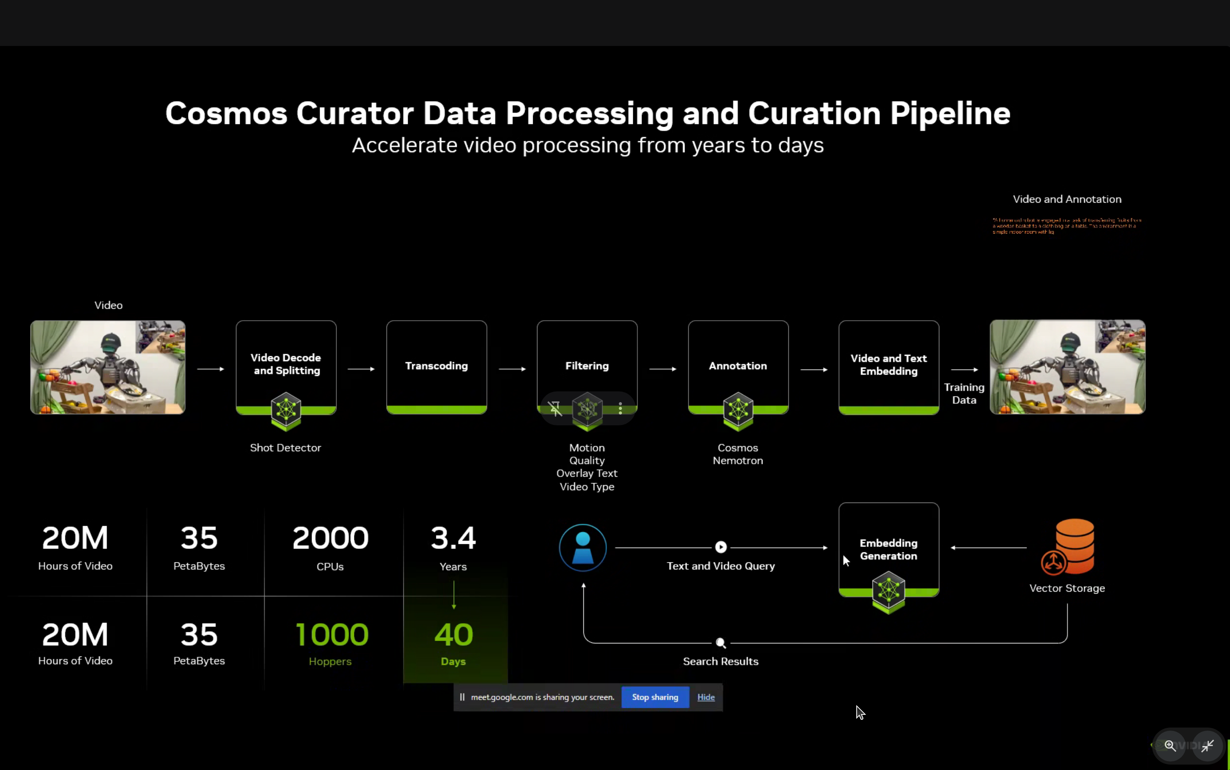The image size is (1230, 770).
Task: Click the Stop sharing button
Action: (x=655, y=697)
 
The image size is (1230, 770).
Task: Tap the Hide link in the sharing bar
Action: (x=706, y=697)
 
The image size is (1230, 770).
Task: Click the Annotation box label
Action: (x=738, y=366)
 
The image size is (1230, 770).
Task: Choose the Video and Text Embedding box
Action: (x=889, y=365)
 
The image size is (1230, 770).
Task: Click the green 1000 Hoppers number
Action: (x=332, y=635)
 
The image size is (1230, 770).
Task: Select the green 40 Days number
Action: (x=453, y=635)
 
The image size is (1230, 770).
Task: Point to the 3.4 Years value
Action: (x=453, y=538)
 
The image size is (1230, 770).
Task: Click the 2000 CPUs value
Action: (x=330, y=538)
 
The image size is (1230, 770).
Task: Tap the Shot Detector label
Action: (x=285, y=448)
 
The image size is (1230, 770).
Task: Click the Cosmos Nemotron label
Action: (x=738, y=454)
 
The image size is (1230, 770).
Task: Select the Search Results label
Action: (x=721, y=661)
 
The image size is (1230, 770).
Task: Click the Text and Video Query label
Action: (x=721, y=566)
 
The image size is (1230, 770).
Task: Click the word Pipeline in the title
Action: (x=950, y=113)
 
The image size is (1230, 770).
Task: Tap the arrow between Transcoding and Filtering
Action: (x=512, y=369)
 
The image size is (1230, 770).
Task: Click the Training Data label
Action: (x=964, y=394)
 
